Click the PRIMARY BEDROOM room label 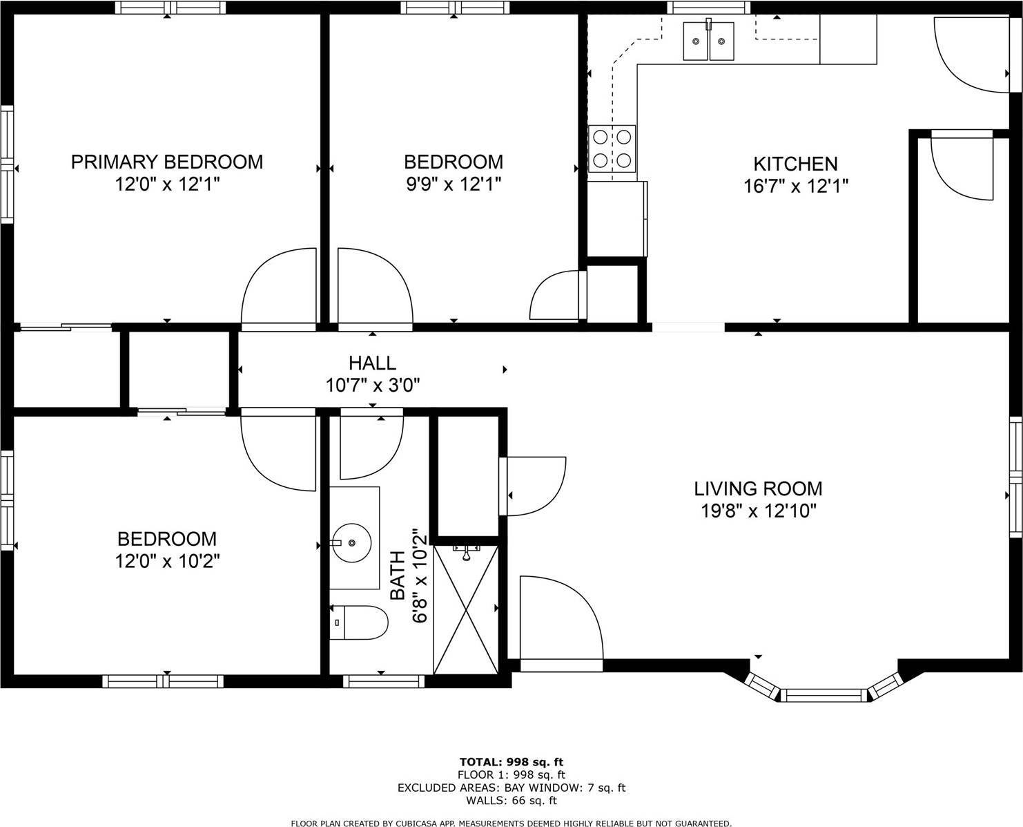click(167, 162)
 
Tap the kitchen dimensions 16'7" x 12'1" click(795, 186)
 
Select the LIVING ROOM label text click(758, 488)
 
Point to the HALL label click(372, 363)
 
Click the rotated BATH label click(398, 576)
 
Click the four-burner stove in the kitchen click(612, 149)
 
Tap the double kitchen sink click(708, 41)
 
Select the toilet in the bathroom click(359, 623)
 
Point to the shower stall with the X click(465, 609)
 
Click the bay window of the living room click(824, 694)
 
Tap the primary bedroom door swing click(276, 287)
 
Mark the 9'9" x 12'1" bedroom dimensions click(453, 184)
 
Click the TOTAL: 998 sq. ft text click(511, 762)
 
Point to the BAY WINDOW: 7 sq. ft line click(511, 788)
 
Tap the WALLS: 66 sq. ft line click(511, 801)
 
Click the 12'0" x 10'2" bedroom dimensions click(167, 561)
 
